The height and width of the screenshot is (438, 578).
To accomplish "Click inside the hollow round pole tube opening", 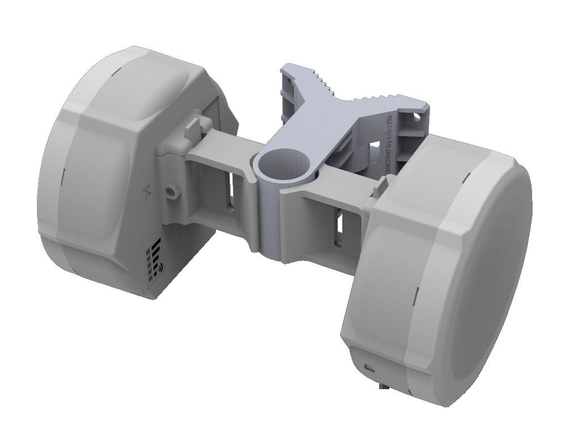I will tap(282, 164).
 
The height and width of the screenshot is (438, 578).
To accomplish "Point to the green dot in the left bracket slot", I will tap(230, 205).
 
